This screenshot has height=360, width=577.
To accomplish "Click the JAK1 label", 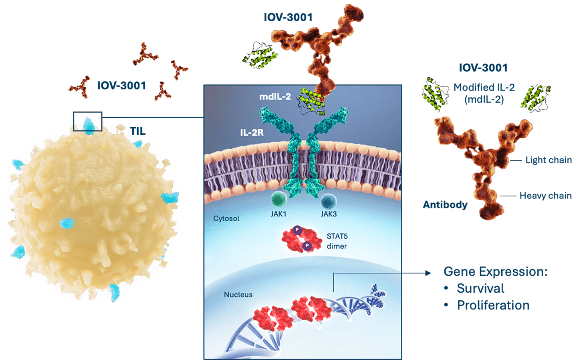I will tap(278, 214).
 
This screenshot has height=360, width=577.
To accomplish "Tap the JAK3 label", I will tap(329, 214).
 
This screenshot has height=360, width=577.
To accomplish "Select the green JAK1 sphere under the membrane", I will tap(278, 199).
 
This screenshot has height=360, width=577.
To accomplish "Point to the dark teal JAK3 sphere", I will tap(329, 200).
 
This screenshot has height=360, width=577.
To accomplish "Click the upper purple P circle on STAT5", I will tap(297, 230).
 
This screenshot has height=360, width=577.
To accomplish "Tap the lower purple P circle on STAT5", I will tap(307, 246).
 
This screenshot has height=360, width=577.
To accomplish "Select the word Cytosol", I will tap(226, 218).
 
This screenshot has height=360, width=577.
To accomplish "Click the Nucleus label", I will tap(238, 295).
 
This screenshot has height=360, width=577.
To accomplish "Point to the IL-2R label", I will tap(252, 133).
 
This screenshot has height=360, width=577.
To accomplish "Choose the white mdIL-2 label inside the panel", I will tap(275, 97).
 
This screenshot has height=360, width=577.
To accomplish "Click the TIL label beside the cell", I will tap(137, 131).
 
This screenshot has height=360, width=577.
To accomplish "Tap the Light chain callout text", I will tap(548, 160).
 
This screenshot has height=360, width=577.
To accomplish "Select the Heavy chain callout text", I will tap(545, 196).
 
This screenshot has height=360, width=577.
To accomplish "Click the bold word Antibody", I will tap(445, 205).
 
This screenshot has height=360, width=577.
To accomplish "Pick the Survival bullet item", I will tap(480, 288).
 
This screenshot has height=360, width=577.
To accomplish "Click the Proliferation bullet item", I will tap(493, 305).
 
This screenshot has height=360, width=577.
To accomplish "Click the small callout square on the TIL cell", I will tap(88, 121).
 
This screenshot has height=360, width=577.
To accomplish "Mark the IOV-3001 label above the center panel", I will tap(288, 17).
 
